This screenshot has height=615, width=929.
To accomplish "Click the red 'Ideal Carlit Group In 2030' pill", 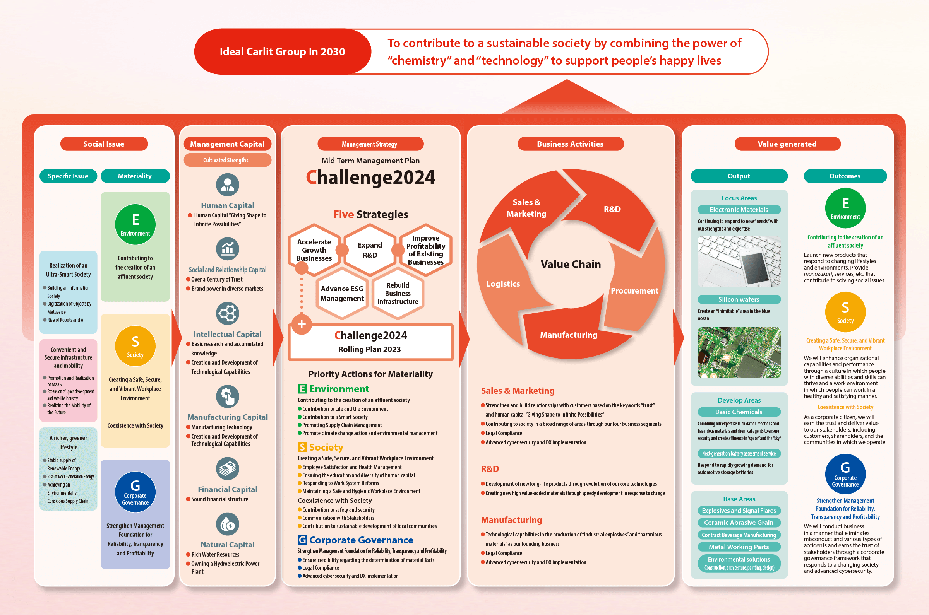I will (282, 51).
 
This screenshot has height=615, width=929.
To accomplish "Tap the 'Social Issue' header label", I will (104, 144).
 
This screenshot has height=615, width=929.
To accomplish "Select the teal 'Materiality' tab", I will (135, 176).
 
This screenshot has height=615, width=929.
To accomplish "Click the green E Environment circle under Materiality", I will (135, 224).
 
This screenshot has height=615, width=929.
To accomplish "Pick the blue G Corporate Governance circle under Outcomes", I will (845, 474).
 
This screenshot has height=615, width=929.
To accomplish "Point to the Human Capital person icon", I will (227, 185).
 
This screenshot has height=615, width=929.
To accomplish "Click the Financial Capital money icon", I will (227, 469).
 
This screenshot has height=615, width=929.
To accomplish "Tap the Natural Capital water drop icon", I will (227, 524).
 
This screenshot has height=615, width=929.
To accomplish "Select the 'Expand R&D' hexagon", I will (370, 250).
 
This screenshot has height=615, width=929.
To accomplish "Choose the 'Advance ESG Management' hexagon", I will (342, 293).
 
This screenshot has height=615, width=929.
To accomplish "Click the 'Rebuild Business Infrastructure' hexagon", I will (398, 293).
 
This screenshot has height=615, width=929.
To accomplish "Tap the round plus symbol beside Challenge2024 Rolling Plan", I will (302, 325).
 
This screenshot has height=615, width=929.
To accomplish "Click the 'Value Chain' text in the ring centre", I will (571, 264).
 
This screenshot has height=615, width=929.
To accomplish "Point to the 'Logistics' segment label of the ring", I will (503, 284).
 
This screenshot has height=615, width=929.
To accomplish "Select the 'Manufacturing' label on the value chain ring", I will (569, 335).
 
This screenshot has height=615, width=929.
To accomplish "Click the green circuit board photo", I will (739, 352).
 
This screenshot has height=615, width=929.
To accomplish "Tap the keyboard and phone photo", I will (739, 261).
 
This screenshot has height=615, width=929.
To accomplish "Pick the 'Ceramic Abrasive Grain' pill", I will (739, 523).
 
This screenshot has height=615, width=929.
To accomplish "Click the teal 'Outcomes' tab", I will (845, 176).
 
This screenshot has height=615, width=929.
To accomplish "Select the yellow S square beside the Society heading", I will (302, 447).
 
